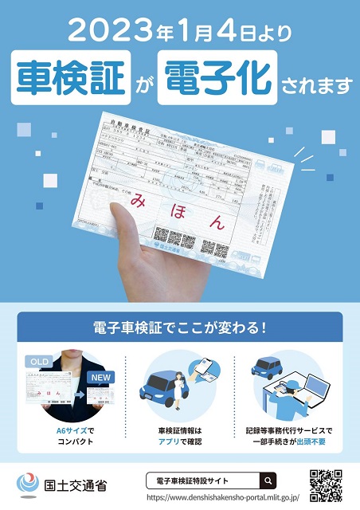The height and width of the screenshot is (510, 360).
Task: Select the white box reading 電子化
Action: pyautogui.click(x=217, y=78)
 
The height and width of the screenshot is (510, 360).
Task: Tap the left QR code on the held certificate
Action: pyautogui.click(x=174, y=237)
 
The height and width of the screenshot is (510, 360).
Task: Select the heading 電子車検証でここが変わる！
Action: pyautogui.click(x=179, y=328)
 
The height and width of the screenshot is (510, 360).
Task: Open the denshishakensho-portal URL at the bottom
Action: pyautogui.click(x=239, y=498)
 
